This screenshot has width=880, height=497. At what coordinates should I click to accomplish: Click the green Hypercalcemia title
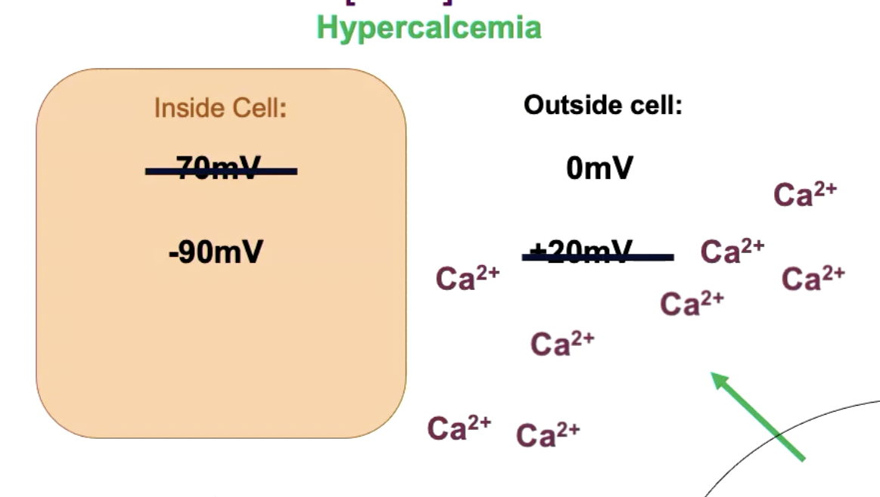point(429,28)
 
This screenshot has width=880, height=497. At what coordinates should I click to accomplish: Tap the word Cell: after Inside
point(258,108)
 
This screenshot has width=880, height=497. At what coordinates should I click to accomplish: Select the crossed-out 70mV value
point(221,169)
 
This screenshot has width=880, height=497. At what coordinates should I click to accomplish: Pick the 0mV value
point(599,168)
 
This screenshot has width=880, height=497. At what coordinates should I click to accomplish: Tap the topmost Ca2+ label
point(804,194)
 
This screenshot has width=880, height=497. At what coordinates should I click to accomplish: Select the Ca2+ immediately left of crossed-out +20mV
point(467,278)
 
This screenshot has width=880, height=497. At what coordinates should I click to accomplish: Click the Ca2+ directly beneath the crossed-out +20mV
point(562,344)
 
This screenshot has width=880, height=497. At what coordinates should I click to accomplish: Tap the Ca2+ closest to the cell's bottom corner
point(459,428)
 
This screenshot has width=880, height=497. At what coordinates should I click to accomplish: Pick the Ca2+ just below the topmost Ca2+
point(813,278)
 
